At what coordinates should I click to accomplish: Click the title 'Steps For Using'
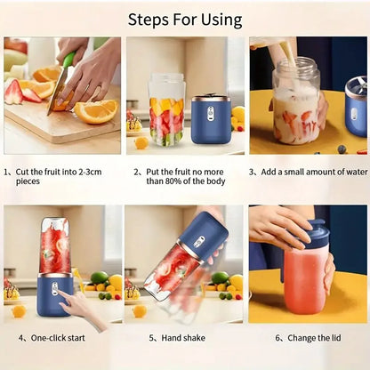185,19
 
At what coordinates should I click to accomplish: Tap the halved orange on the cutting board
96,111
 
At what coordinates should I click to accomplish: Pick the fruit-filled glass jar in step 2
166,109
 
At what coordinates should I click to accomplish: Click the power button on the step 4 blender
54,289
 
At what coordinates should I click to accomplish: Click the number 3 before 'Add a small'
252,172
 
